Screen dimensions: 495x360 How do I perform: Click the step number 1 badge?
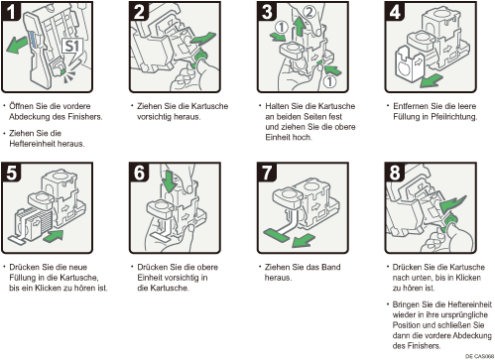pyautogui.click(x=11, y=11)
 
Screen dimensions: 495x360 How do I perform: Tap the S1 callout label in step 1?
pyautogui.click(x=72, y=46)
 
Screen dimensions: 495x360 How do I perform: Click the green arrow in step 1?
pyautogui.click(x=17, y=45)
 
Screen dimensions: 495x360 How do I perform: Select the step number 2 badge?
pyautogui.click(x=139, y=11)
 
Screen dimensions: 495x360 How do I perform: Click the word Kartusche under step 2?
pyautogui.click(x=209, y=106)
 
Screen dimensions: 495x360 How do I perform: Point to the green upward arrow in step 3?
pyautogui.click(x=300, y=27)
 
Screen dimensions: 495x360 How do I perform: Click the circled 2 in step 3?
pyautogui.click(x=309, y=12)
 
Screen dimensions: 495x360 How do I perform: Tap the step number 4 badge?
pyautogui.click(x=395, y=11)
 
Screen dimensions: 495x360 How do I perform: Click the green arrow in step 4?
pyautogui.click(x=432, y=80)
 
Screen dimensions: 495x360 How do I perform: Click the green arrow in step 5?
pyautogui.click(x=53, y=236)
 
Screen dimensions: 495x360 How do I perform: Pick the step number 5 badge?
pyautogui.click(x=11, y=173)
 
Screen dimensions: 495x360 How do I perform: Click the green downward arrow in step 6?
pyautogui.click(x=171, y=181)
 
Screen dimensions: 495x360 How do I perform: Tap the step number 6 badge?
pyautogui.click(x=139, y=173)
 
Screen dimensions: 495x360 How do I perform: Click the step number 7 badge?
pyautogui.click(x=267, y=173)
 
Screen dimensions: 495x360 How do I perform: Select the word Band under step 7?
pyautogui.click(x=329, y=267)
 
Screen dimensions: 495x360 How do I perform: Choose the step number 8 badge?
pyautogui.click(x=395, y=173)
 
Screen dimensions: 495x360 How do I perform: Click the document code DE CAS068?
pyautogui.click(x=479, y=356)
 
